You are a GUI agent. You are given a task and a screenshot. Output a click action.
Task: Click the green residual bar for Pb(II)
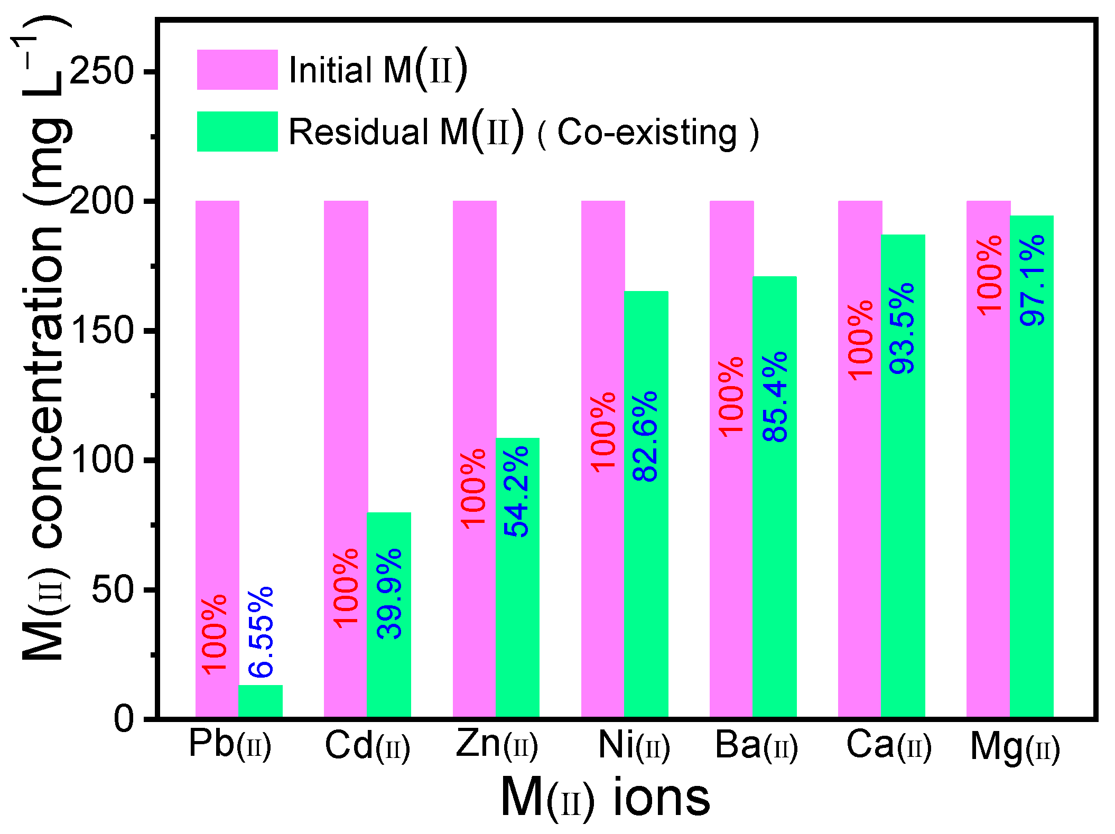coord(261,701)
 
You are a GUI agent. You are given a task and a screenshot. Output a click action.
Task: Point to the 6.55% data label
coord(261,632)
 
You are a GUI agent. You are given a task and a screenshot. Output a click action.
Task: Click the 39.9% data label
coord(390,594)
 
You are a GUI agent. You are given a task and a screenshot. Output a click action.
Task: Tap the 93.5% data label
coord(902,329)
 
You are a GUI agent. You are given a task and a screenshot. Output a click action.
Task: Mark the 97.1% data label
coord(1032,280)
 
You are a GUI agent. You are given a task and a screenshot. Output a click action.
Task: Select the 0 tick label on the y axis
coord(124,719)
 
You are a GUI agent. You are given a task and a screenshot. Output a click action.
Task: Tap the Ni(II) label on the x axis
coord(634,746)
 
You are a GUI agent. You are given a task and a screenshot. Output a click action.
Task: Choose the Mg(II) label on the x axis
coord(1015,748)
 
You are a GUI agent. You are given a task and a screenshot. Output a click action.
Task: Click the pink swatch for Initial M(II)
coord(237,70)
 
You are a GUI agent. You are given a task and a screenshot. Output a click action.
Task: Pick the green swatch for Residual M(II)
coord(237,132)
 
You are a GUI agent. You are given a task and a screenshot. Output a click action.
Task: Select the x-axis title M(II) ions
coord(606,798)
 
